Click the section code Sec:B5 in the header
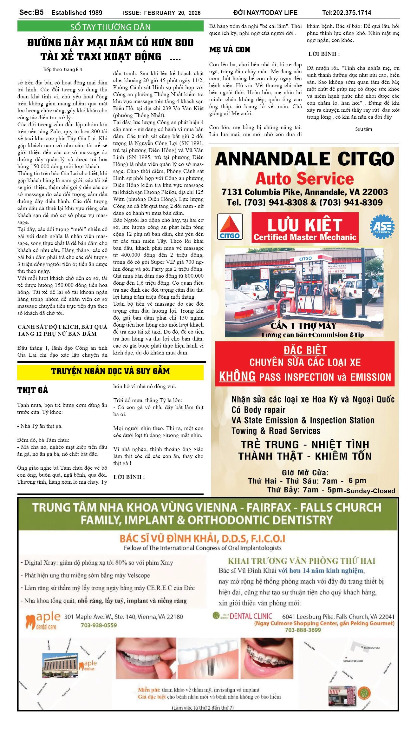click(31, 12)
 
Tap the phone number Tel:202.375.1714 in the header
click(346, 13)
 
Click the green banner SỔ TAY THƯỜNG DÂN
click(110, 27)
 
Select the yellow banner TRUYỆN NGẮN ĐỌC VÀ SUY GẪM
click(110, 371)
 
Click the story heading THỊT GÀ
click(33, 390)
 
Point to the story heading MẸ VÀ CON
click(230, 50)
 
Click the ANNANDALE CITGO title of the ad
click(304, 159)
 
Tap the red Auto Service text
click(304, 179)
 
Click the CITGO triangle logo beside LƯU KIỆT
click(230, 226)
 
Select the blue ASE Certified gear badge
click(382, 226)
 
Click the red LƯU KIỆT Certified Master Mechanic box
click(305, 228)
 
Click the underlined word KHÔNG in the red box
click(237, 376)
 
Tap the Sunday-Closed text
click(371, 491)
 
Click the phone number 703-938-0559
click(99, 625)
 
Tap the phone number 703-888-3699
click(303, 630)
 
